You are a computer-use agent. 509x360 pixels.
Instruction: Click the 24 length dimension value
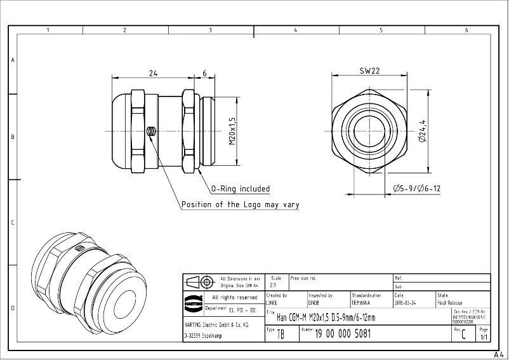(153, 74)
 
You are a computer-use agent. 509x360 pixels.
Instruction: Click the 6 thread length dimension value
(204, 74)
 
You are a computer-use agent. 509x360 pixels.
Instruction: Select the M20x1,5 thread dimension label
(232, 131)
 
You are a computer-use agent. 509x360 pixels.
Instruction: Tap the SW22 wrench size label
(369, 72)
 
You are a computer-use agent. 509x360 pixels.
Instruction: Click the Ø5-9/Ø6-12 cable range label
(416, 189)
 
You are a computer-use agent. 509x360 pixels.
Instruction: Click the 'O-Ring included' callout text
(241, 189)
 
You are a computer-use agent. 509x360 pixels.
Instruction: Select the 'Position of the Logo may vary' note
(240, 204)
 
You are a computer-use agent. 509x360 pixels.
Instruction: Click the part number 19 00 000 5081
(343, 333)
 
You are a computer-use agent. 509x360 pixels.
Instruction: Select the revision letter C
(464, 335)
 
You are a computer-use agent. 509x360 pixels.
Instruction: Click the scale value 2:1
(273, 286)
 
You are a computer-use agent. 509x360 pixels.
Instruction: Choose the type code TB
(281, 335)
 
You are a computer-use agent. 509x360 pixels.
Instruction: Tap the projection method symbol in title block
(199, 282)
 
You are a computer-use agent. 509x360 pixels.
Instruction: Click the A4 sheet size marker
(499, 355)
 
